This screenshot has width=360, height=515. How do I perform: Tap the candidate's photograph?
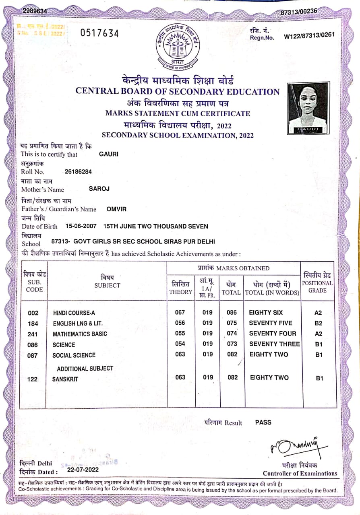coord(307,108)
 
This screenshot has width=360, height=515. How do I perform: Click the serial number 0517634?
coord(99,33)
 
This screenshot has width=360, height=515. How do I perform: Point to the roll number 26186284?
coord(78,172)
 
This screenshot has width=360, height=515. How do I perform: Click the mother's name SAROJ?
coord(99,188)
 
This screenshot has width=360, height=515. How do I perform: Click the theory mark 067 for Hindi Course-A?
coord(180,313)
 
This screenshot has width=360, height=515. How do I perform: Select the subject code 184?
coord(33,323)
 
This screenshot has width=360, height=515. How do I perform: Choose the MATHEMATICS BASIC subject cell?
coord(80,334)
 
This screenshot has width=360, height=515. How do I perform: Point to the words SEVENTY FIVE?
coord(271,323)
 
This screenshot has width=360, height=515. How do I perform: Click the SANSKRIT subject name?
coord(65,379)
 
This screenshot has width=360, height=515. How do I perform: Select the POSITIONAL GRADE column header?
coord(317,283)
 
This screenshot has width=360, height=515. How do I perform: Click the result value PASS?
coord(263,422)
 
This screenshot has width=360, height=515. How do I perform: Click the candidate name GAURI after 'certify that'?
coord(109,154)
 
